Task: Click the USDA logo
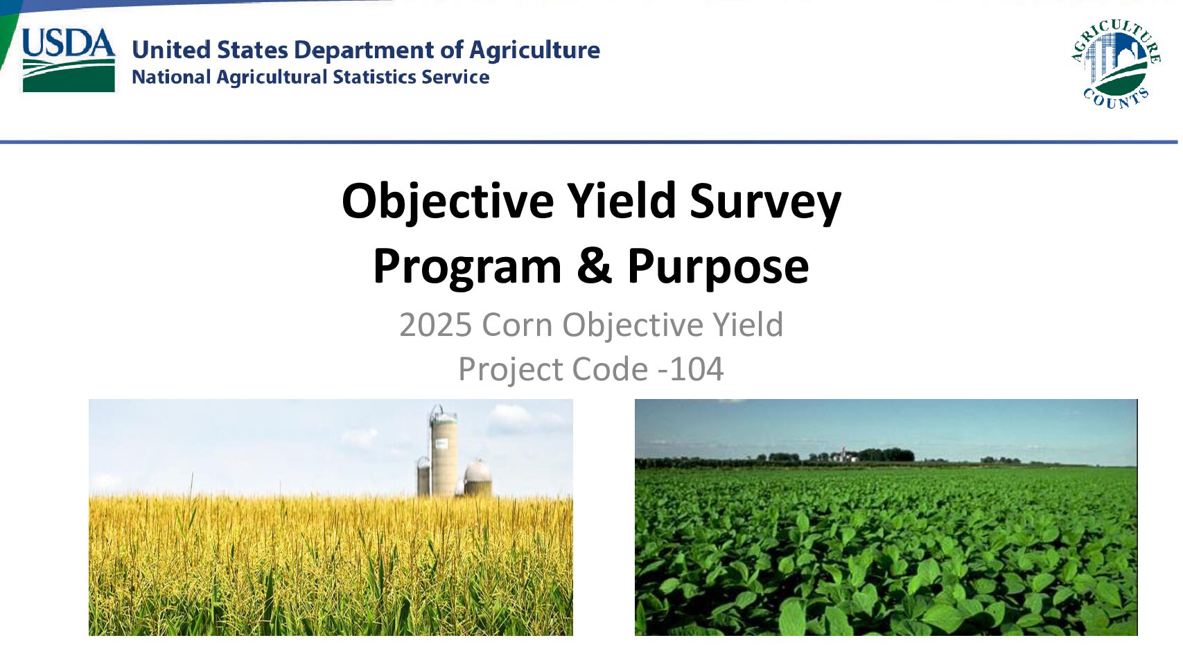69,60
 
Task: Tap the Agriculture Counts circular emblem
1115,64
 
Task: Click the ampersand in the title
594,265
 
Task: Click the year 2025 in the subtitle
435,325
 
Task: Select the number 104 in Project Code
696,369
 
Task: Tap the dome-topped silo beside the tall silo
478,478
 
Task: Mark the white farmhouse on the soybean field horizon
843,455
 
